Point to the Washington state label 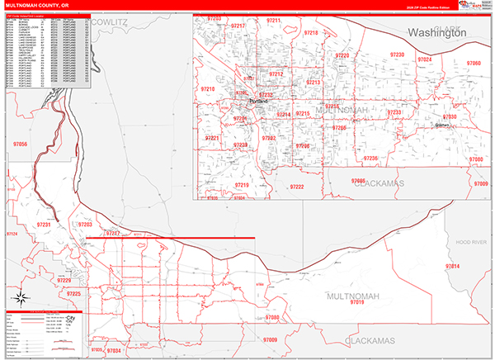437,32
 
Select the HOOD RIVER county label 473,241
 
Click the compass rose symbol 23,298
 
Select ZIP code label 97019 357,303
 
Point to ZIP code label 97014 452,267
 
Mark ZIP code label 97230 397,55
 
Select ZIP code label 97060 474,64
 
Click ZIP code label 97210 207,88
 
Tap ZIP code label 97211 274,20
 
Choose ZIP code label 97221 212,138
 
